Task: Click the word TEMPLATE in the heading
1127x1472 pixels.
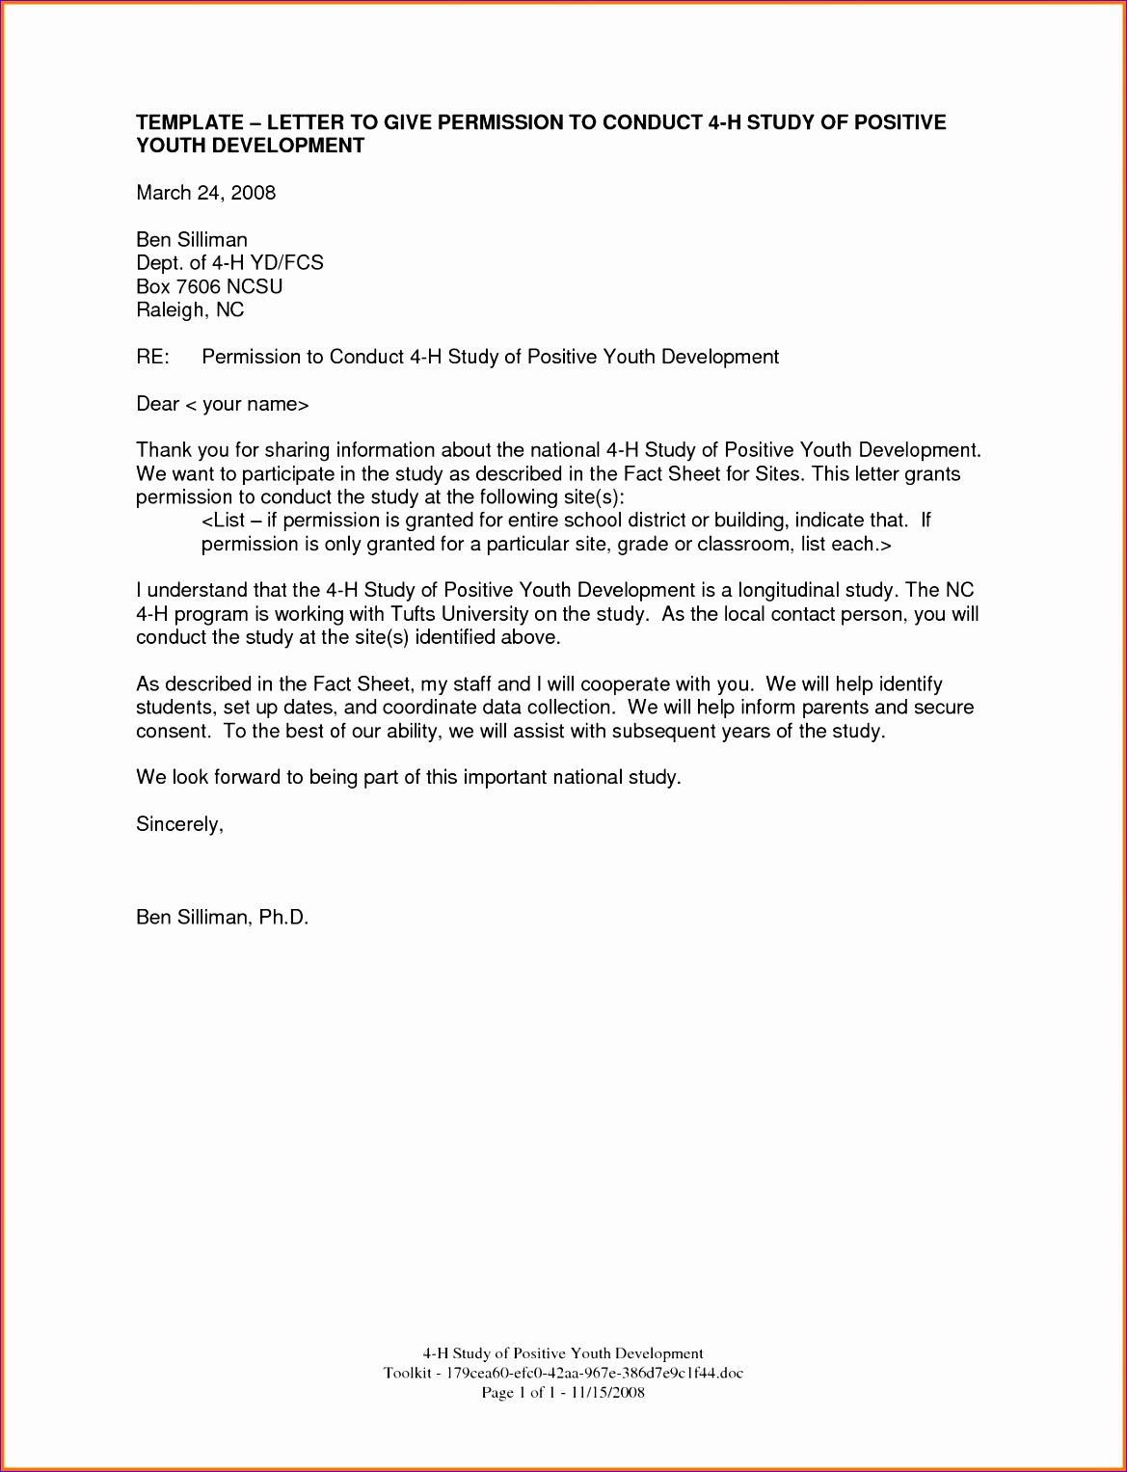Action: pos(190,122)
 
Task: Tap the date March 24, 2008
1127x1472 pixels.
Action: pos(205,193)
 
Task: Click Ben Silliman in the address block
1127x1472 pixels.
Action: pos(192,240)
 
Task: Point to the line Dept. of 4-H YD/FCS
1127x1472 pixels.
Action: pos(229,263)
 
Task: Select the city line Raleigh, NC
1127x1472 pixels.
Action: pos(190,309)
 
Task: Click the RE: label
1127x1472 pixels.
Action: pos(152,357)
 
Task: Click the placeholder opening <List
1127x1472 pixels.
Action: pos(224,521)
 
